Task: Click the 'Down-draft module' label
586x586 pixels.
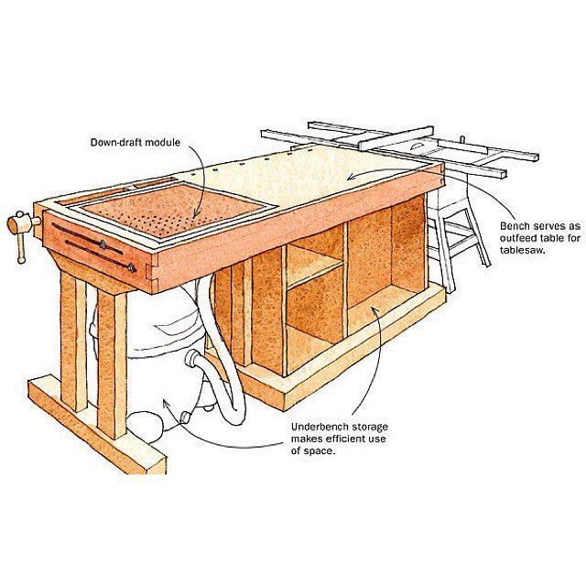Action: point(136,143)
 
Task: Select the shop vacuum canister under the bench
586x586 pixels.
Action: point(157,359)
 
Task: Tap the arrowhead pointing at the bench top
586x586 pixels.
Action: point(350,177)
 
